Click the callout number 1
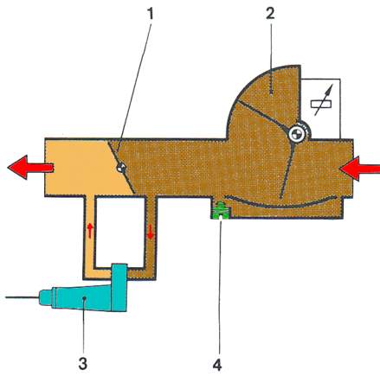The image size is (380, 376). tap(150, 14)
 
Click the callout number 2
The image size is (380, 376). tap(270, 13)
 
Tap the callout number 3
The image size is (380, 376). tap(83, 364)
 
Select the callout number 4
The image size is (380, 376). tap(217, 364)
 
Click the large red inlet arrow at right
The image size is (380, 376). tap(360, 169)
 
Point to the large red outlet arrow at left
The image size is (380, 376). tap(30, 168)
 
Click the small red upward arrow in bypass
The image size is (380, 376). tap(90, 231)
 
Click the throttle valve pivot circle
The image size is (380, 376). tap(121, 168)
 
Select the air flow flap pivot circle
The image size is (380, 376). tap(298, 134)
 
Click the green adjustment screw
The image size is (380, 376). tap(221, 211)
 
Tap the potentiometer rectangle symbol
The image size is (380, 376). tap(321, 104)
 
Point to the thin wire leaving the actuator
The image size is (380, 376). tap(23, 297)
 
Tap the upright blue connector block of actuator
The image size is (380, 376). tap(119, 287)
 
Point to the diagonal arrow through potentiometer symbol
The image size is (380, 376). tap(323, 99)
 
